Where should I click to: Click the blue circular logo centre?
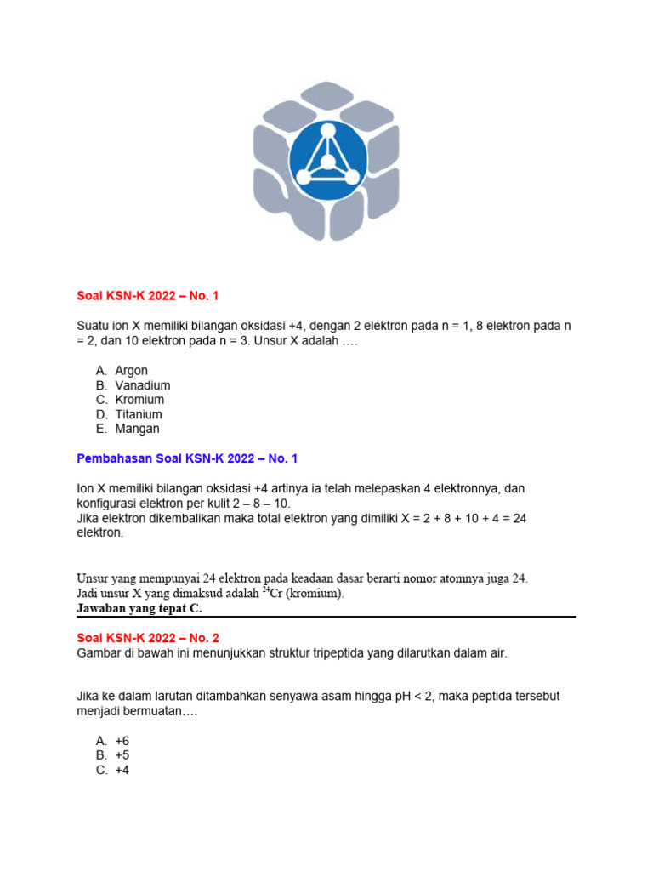pos(326,162)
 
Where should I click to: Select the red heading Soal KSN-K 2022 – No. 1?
pos(148,295)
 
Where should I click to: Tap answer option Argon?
pos(131,371)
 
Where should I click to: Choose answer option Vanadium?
pos(142,385)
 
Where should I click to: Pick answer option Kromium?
pos(139,400)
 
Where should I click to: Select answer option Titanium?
pos(139,414)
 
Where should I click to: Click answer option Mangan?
pos(137,429)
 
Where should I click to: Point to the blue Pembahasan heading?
pos(187,458)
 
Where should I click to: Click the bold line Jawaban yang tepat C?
pos(139,608)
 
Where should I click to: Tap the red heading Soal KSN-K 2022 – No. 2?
pos(148,637)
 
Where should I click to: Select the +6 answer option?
pos(122,741)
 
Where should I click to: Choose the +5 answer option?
pos(122,755)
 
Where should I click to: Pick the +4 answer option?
pos(122,770)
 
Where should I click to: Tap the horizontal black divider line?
pos(326,617)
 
